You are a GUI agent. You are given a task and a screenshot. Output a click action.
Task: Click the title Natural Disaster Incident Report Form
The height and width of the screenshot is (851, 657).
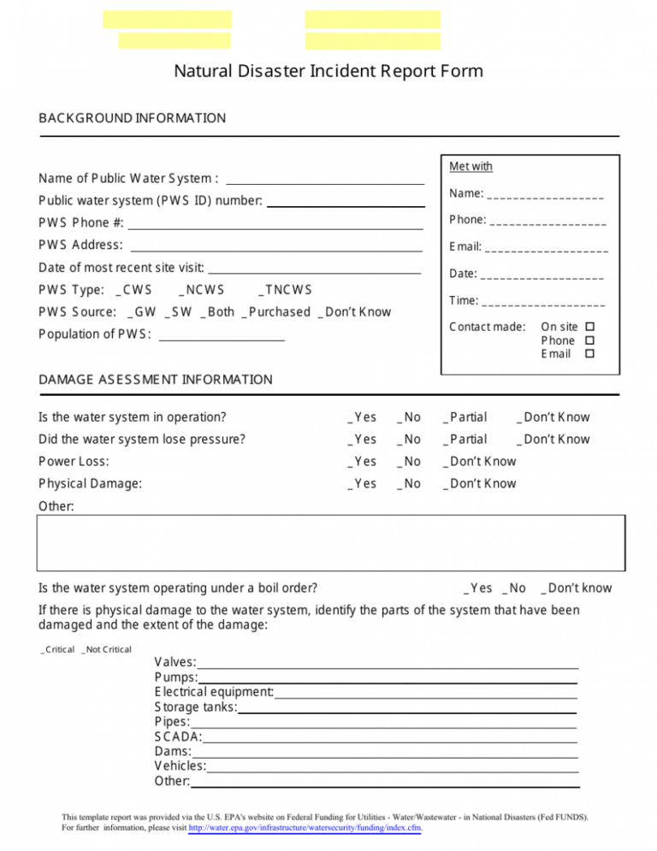tap(328, 71)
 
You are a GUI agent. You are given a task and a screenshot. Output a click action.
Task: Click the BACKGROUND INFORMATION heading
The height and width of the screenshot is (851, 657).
tap(133, 118)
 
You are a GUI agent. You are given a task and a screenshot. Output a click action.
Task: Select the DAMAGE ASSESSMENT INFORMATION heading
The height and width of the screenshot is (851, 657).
tap(156, 379)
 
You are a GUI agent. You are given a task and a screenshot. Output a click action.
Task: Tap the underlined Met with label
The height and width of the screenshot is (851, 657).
tap(471, 166)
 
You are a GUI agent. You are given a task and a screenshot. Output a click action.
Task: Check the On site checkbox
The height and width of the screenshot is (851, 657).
tap(589, 328)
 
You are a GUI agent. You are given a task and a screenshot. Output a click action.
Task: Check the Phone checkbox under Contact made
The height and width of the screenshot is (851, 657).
tap(589, 340)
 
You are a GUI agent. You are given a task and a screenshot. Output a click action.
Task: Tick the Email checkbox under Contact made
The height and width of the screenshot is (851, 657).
tap(589, 354)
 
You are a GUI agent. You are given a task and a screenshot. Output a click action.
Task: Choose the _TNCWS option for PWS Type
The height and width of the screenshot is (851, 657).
tap(285, 289)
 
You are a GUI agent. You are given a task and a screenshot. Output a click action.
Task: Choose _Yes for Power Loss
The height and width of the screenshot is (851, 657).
tap(361, 461)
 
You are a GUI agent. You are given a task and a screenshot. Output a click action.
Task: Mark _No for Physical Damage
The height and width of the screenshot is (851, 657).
tap(408, 483)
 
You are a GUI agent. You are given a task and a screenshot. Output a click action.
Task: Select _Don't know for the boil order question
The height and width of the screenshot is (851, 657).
tap(576, 588)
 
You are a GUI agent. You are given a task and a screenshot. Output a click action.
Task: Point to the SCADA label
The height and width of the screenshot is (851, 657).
tap(178, 736)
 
